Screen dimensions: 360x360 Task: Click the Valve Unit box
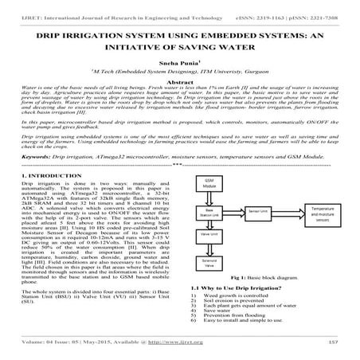[209, 258]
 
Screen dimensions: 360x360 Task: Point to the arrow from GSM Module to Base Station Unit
[209, 221]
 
